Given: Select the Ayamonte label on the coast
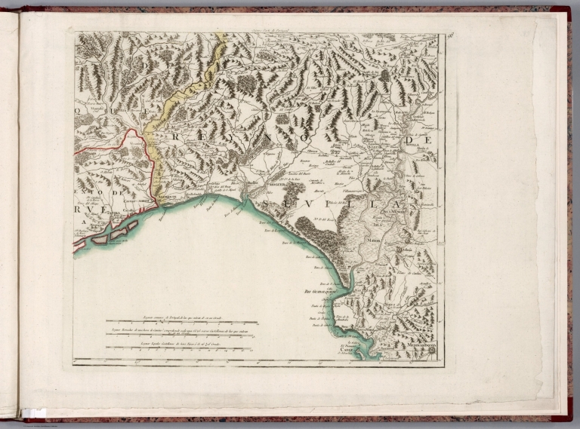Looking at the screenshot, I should click(x=168, y=198).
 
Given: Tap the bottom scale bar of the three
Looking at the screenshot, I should click(x=182, y=348).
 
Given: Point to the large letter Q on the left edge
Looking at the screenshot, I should click(x=81, y=109).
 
